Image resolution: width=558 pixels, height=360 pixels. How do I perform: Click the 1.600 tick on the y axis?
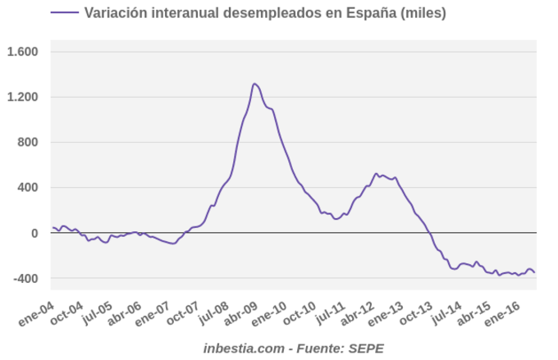pyautogui.click(x=23, y=52)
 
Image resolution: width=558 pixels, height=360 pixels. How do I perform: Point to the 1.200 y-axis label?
pyautogui.click(x=23, y=98)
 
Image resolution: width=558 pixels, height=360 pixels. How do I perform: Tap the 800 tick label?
pyautogui.click(x=28, y=143)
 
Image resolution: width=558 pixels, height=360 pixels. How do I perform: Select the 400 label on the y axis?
pyautogui.click(x=28, y=188)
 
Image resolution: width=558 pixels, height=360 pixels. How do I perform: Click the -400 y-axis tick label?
pyautogui.click(x=25, y=279)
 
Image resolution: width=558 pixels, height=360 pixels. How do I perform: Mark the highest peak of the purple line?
pyautogui.click(x=254, y=84)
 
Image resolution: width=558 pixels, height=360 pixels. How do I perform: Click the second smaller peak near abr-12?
pyautogui.click(x=376, y=173)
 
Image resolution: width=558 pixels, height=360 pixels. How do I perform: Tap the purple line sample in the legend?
pyautogui.click(x=64, y=13)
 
